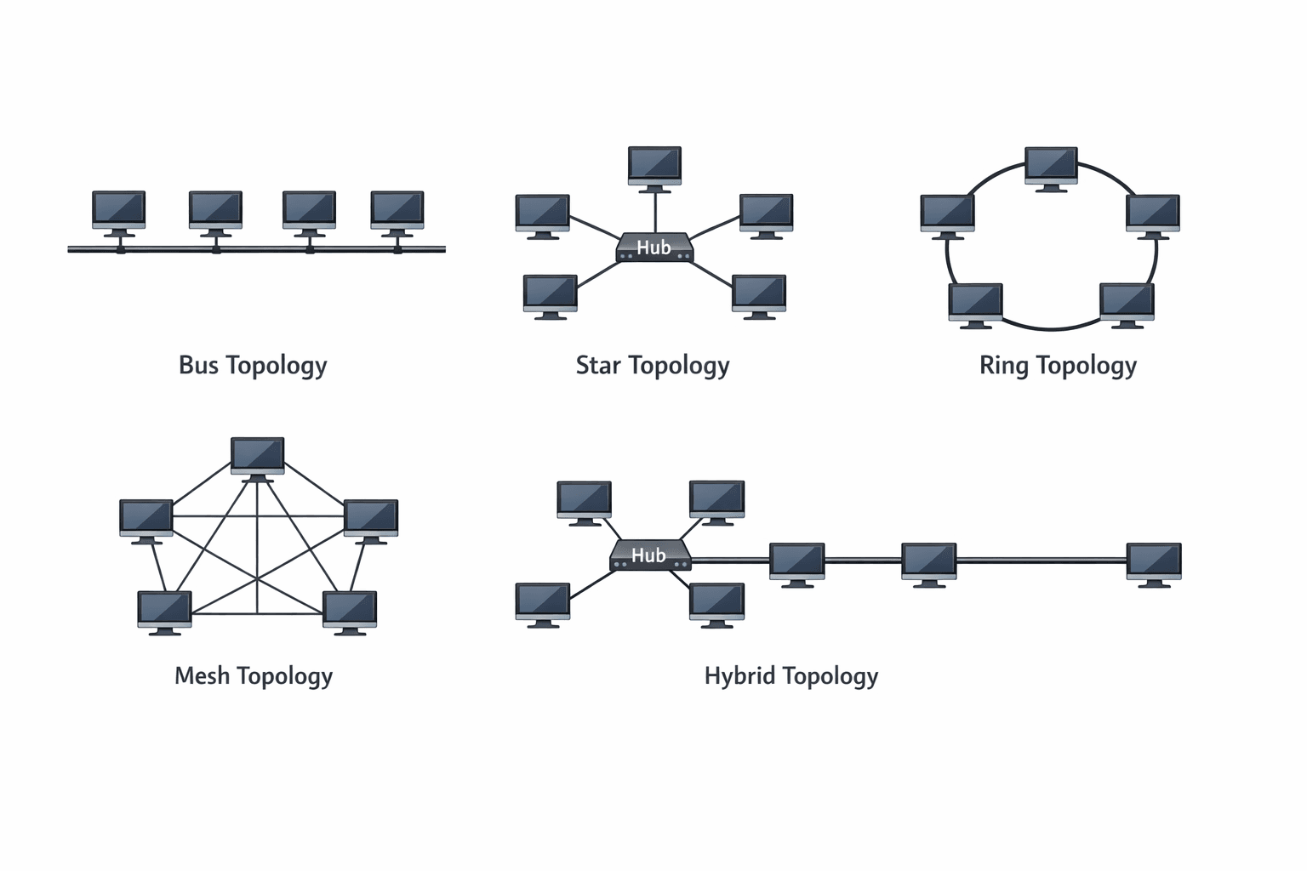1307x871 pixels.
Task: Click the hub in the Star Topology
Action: click(x=654, y=248)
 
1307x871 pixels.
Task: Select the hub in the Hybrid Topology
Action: click(x=650, y=555)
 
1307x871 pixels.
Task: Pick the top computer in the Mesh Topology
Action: click(x=257, y=457)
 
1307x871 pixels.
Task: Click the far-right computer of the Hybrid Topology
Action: click(x=1154, y=562)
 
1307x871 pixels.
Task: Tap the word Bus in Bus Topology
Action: click(x=198, y=365)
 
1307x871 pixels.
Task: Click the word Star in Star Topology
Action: click(x=598, y=365)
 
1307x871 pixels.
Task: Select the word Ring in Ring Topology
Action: click(x=1004, y=366)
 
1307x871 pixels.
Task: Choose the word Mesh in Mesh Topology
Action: click(x=202, y=675)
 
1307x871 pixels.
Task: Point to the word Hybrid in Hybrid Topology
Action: click(x=739, y=676)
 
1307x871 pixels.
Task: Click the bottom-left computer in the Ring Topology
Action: click(x=975, y=303)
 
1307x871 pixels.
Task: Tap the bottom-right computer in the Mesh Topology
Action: click(x=350, y=610)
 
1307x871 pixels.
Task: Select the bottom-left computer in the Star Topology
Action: click(x=550, y=294)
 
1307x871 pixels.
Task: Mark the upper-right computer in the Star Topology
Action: click(x=766, y=213)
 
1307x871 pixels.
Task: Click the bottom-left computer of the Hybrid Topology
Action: click(x=543, y=602)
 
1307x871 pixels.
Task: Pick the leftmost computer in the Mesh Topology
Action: click(x=146, y=518)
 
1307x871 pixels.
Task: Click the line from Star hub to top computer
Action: click(x=655, y=213)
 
